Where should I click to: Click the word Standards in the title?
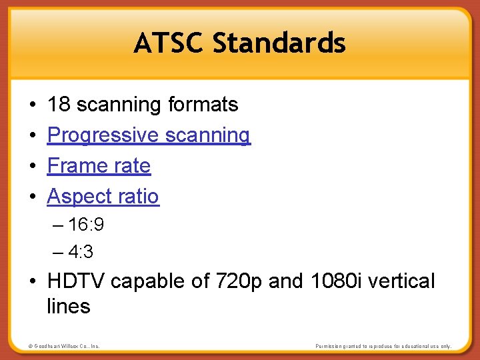point(279,43)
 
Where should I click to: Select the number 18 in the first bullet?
point(59,105)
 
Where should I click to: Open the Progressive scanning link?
point(149,135)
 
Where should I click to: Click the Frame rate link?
point(99,166)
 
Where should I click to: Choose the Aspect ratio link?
point(103,197)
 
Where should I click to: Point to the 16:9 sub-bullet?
point(85,225)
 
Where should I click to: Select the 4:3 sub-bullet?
point(81,253)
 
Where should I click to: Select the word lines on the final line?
point(68,307)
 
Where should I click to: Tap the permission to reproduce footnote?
point(383,346)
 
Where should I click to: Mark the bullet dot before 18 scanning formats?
point(32,105)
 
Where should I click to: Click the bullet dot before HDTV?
point(32,282)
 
